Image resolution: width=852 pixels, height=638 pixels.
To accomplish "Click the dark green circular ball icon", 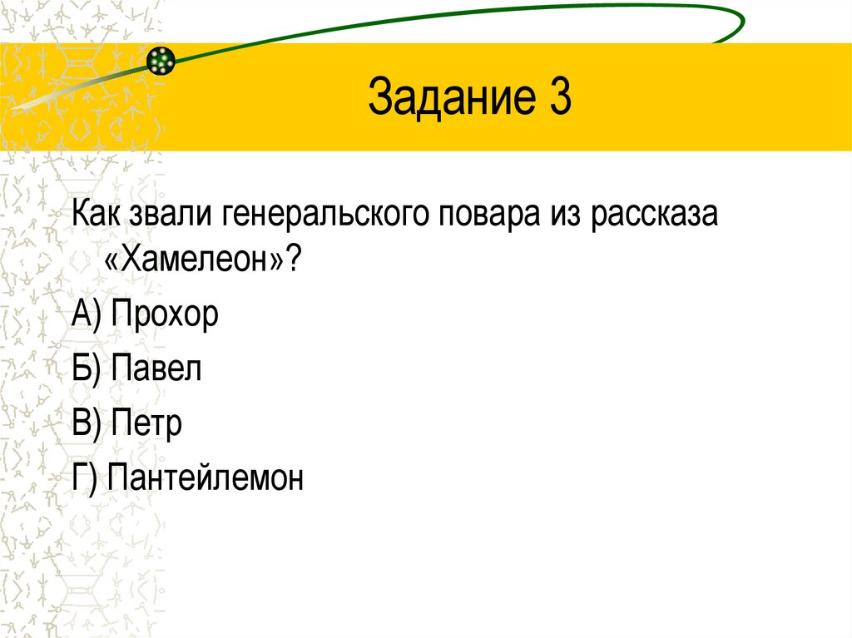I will (x=161, y=59).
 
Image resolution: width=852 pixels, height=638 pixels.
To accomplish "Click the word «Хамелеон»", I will (x=196, y=263).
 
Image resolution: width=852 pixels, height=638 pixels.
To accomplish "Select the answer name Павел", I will (x=156, y=368).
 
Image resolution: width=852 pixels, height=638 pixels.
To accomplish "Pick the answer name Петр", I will (x=145, y=423).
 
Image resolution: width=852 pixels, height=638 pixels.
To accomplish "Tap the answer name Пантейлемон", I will (x=205, y=477).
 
